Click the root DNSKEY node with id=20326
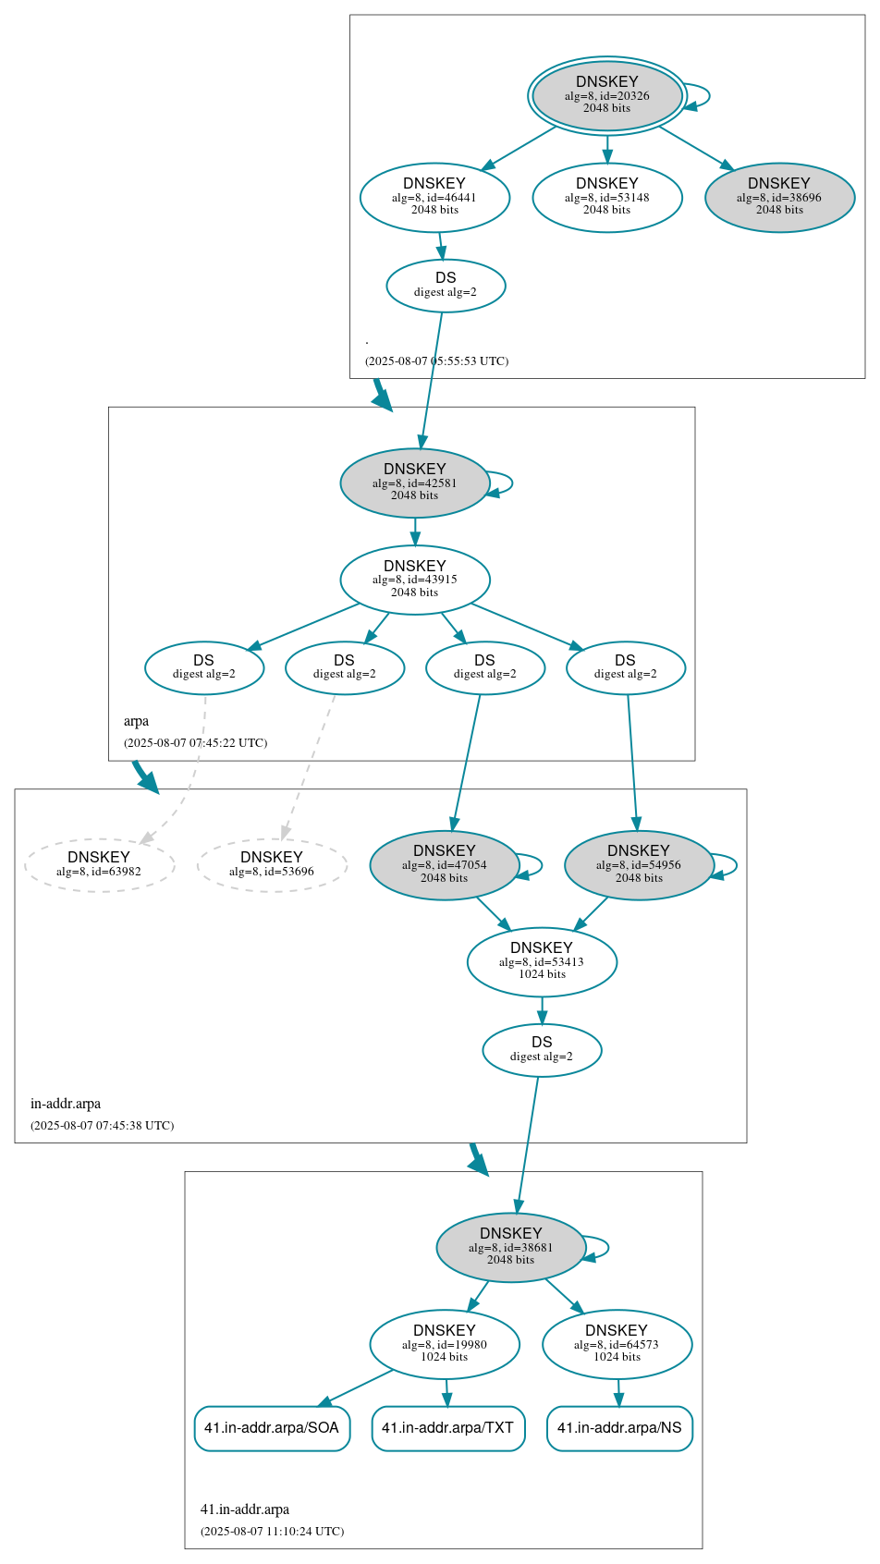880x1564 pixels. pos(606,95)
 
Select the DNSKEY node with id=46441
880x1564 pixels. pos(434,197)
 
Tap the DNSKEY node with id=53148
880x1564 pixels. pos(606,197)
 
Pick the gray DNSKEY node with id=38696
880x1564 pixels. pos(779,197)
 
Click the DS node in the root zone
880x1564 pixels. pos(446,286)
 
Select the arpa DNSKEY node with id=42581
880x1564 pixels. pos(414,483)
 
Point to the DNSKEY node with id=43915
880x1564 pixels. pos(414,580)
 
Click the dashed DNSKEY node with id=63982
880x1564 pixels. pos(99,865)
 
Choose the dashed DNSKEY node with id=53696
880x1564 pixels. pos(272,865)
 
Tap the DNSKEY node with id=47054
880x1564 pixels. pos(445,865)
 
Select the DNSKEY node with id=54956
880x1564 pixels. pos(639,865)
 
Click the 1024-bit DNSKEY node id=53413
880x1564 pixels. pos(542,962)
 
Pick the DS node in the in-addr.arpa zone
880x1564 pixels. pos(542,1050)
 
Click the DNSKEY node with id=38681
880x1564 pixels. pos(510,1247)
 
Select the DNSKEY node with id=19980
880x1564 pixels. pos(445,1344)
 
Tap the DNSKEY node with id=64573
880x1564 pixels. pos(617,1344)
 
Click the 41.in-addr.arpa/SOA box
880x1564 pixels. pos(272,1428)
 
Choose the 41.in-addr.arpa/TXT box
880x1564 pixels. pos(448,1428)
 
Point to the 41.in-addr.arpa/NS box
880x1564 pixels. pos(619,1428)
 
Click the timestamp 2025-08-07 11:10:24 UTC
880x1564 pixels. pos(272,1532)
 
